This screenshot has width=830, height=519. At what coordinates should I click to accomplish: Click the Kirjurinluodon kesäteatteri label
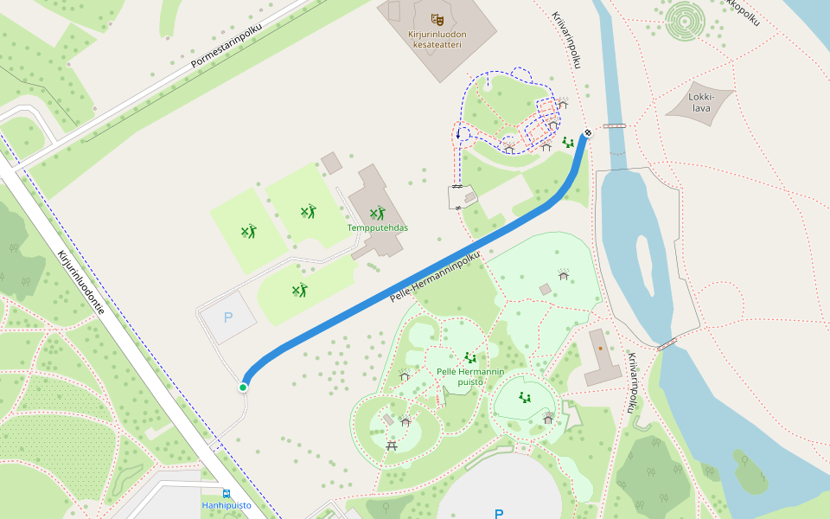(x=437, y=40)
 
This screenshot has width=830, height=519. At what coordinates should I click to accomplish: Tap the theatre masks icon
(x=437, y=18)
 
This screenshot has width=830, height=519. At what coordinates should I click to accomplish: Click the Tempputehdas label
(x=378, y=227)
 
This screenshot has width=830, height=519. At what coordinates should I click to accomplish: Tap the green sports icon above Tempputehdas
(x=377, y=212)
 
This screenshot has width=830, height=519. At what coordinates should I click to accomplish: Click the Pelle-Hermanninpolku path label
(x=435, y=277)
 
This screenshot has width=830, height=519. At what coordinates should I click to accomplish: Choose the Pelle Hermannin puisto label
(x=470, y=376)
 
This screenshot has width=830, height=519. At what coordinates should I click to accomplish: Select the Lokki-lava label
(x=700, y=103)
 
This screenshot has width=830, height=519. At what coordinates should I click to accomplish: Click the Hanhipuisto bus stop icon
(x=227, y=493)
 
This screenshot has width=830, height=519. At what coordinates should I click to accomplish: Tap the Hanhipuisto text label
(x=227, y=505)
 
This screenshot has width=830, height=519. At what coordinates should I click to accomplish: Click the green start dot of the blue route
(x=244, y=387)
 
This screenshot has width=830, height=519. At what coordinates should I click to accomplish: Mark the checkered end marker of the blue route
(x=588, y=133)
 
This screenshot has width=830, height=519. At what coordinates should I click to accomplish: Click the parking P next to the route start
(x=228, y=317)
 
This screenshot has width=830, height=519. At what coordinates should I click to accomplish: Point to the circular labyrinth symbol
(x=686, y=16)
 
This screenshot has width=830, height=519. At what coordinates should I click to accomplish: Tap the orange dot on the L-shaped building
(x=600, y=349)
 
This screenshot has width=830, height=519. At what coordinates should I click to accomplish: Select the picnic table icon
(x=393, y=445)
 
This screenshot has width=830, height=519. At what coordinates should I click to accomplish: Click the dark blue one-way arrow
(x=458, y=134)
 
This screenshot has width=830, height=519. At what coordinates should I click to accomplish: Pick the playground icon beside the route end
(x=567, y=141)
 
